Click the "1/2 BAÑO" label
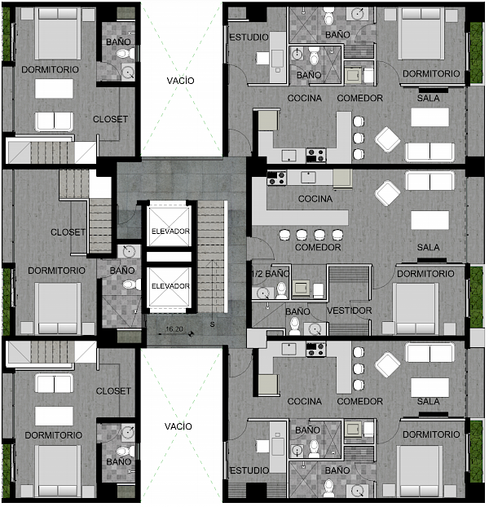pos(271,274)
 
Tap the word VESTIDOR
pos(350,311)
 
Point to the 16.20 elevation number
pos(174,328)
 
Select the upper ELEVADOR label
pos(170,231)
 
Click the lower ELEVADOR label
pos(170,286)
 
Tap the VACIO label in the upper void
pos(180,81)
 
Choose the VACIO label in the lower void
pos(178,426)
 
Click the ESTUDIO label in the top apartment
pos(249,37)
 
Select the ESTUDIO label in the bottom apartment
pos(249,470)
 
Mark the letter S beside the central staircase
pos(212,324)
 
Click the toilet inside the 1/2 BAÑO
pos(281,289)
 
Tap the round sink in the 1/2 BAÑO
pos(263,293)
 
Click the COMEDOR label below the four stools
pos(318,247)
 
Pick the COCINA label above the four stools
pos(315,199)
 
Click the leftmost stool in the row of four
pos(284,235)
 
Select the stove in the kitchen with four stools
pos(276,179)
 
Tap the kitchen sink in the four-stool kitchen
pos(309,177)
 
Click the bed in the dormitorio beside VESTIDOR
pos(416,308)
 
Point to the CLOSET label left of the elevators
pos(68,232)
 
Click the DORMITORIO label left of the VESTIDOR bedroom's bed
pos(425,274)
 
